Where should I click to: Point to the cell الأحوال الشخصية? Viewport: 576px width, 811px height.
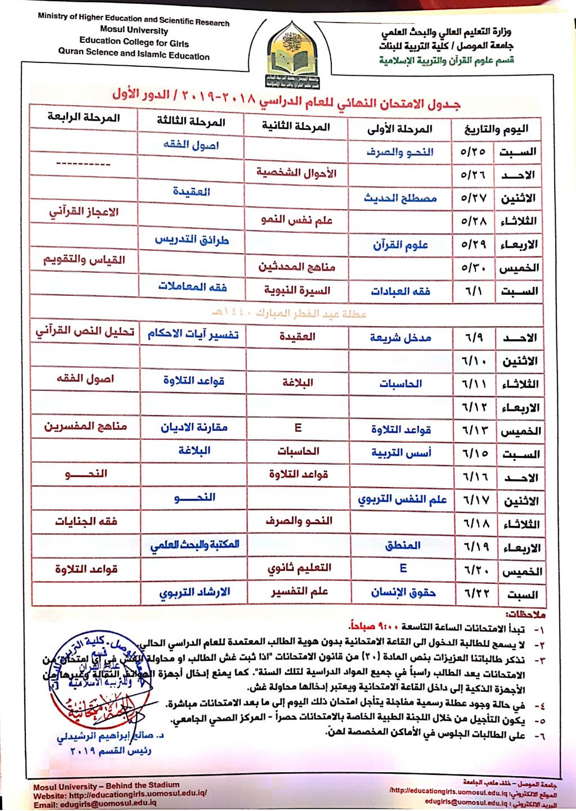[296, 172]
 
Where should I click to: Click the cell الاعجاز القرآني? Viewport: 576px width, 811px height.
[84, 213]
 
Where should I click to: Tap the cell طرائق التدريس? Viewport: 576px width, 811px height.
[192, 240]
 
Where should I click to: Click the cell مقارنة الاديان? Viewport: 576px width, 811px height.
[193, 427]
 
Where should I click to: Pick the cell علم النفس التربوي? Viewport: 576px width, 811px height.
[402, 499]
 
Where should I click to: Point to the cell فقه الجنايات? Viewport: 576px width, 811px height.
[85, 521]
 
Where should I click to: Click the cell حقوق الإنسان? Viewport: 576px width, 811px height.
[403, 592]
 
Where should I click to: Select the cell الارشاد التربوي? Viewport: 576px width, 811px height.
[194, 592]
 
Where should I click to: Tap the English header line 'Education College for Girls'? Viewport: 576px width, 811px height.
[134, 42]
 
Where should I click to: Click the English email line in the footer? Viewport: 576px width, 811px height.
[95, 805]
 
